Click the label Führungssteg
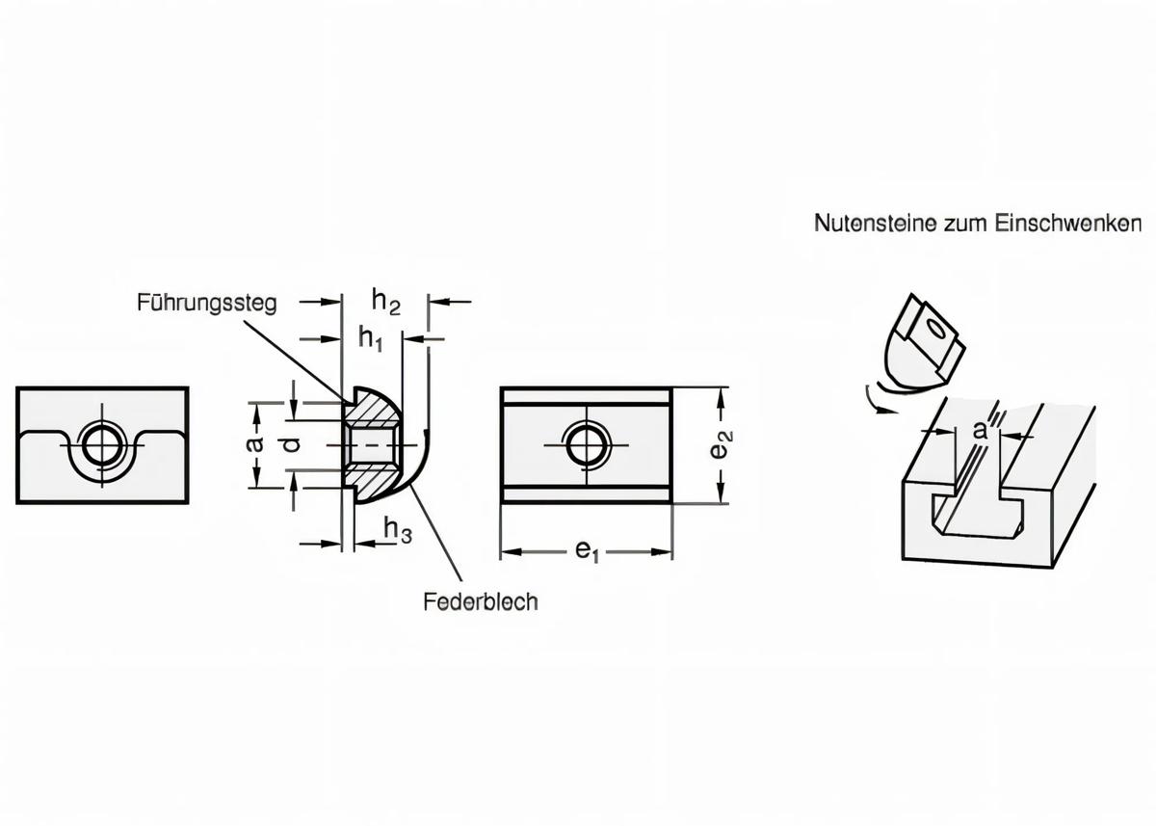point(206,303)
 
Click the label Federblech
point(480,601)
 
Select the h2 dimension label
point(385,303)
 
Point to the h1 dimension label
point(370,338)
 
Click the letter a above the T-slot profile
point(980,431)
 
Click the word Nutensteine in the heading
point(862,224)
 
